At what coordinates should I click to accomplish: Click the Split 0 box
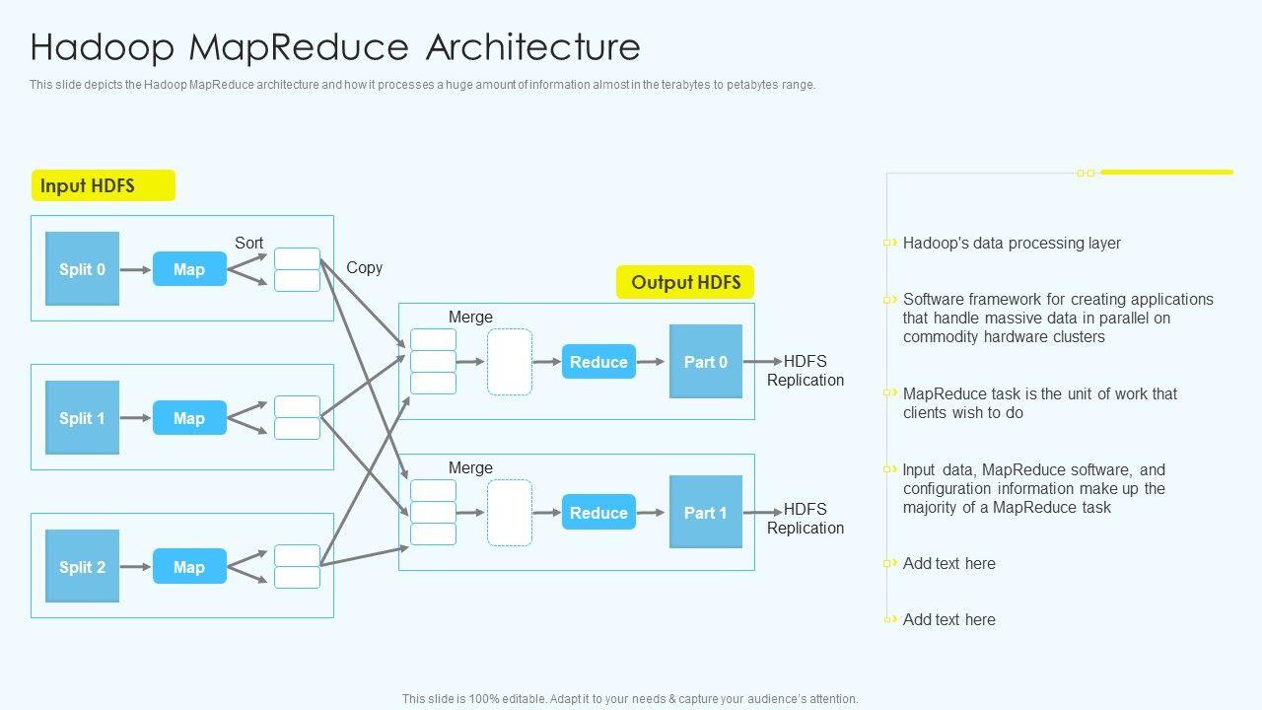click(x=82, y=269)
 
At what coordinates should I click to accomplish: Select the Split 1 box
click(x=82, y=418)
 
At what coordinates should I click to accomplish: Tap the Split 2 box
click(x=82, y=567)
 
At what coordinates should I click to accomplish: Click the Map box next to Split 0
click(x=189, y=269)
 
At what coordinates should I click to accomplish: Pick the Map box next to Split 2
click(x=189, y=567)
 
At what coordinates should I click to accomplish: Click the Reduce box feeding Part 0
click(x=598, y=362)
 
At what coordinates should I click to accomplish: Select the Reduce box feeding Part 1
click(x=598, y=513)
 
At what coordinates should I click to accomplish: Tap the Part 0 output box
click(x=706, y=362)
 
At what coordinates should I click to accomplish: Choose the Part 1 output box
click(x=706, y=513)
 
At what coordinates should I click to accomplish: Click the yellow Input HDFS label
click(x=104, y=185)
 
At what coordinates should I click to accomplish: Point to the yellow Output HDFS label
click(x=685, y=283)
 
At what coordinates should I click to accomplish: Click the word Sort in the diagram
click(x=248, y=243)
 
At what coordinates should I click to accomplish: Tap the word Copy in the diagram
click(x=364, y=267)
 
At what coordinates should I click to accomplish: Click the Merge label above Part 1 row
click(x=470, y=467)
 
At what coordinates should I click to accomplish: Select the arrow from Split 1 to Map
click(x=136, y=418)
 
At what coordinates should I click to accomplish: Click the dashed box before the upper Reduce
click(x=510, y=362)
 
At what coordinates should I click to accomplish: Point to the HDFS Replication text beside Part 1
click(x=806, y=519)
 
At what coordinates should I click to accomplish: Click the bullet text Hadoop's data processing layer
click(x=1012, y=244)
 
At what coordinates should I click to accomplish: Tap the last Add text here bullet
click(x=948, y=619)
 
